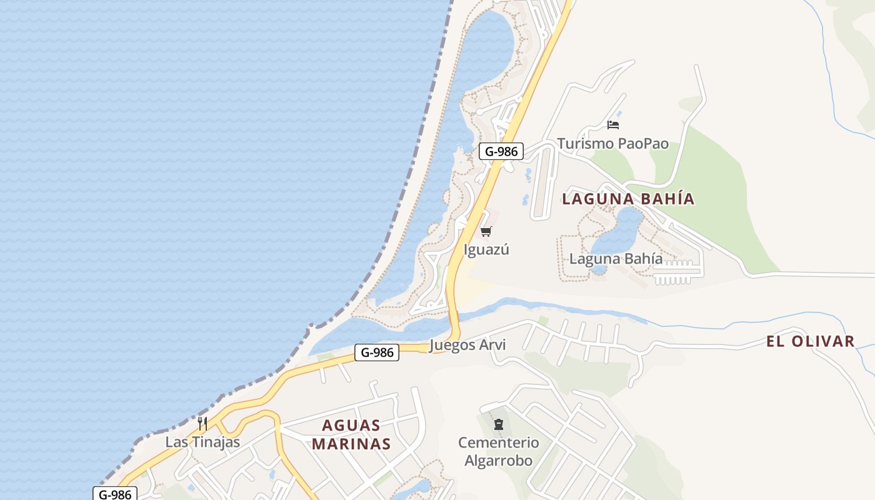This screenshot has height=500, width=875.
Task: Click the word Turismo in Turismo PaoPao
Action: [585, 144]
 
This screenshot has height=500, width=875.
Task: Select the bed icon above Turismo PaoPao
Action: [612, 124]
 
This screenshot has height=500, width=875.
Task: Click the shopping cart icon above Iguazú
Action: [486, 232]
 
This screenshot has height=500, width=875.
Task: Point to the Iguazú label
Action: [486, 249]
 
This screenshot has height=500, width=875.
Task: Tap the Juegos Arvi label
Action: [467, 345]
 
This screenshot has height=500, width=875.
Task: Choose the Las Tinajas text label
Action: [202, 442]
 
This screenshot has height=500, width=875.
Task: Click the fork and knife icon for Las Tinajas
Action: [202, 424]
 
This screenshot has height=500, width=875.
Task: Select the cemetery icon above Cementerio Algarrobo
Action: [498, 425]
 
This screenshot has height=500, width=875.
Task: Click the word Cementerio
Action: [498, 442]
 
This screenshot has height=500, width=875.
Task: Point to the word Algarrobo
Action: [498, 461]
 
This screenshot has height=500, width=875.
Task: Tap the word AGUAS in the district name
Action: [351, 426]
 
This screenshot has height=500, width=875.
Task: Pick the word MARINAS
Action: [351, 444]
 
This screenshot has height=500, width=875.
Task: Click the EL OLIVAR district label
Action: [810, 341]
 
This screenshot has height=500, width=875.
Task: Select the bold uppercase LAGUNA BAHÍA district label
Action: [627, 199]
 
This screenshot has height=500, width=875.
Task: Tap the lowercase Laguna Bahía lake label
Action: [616, 259]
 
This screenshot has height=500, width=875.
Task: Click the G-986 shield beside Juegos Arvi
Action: [377, 352]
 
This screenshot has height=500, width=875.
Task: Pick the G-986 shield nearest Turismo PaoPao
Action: [501, 151]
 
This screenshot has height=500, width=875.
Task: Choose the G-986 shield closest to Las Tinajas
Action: [115, 494]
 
